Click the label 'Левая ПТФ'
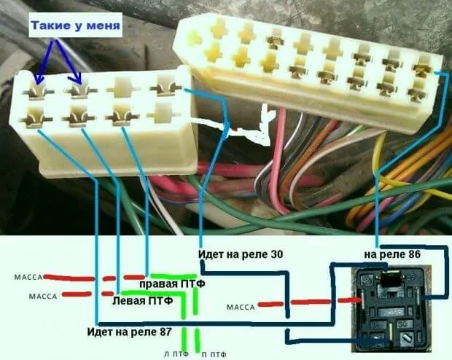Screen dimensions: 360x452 pyautogui.click(x=142, y=300)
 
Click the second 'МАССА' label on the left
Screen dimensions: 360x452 pyautogui.click(x=41, y=296)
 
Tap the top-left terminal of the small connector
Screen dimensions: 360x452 pyautogui.click(x=39, y=90)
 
